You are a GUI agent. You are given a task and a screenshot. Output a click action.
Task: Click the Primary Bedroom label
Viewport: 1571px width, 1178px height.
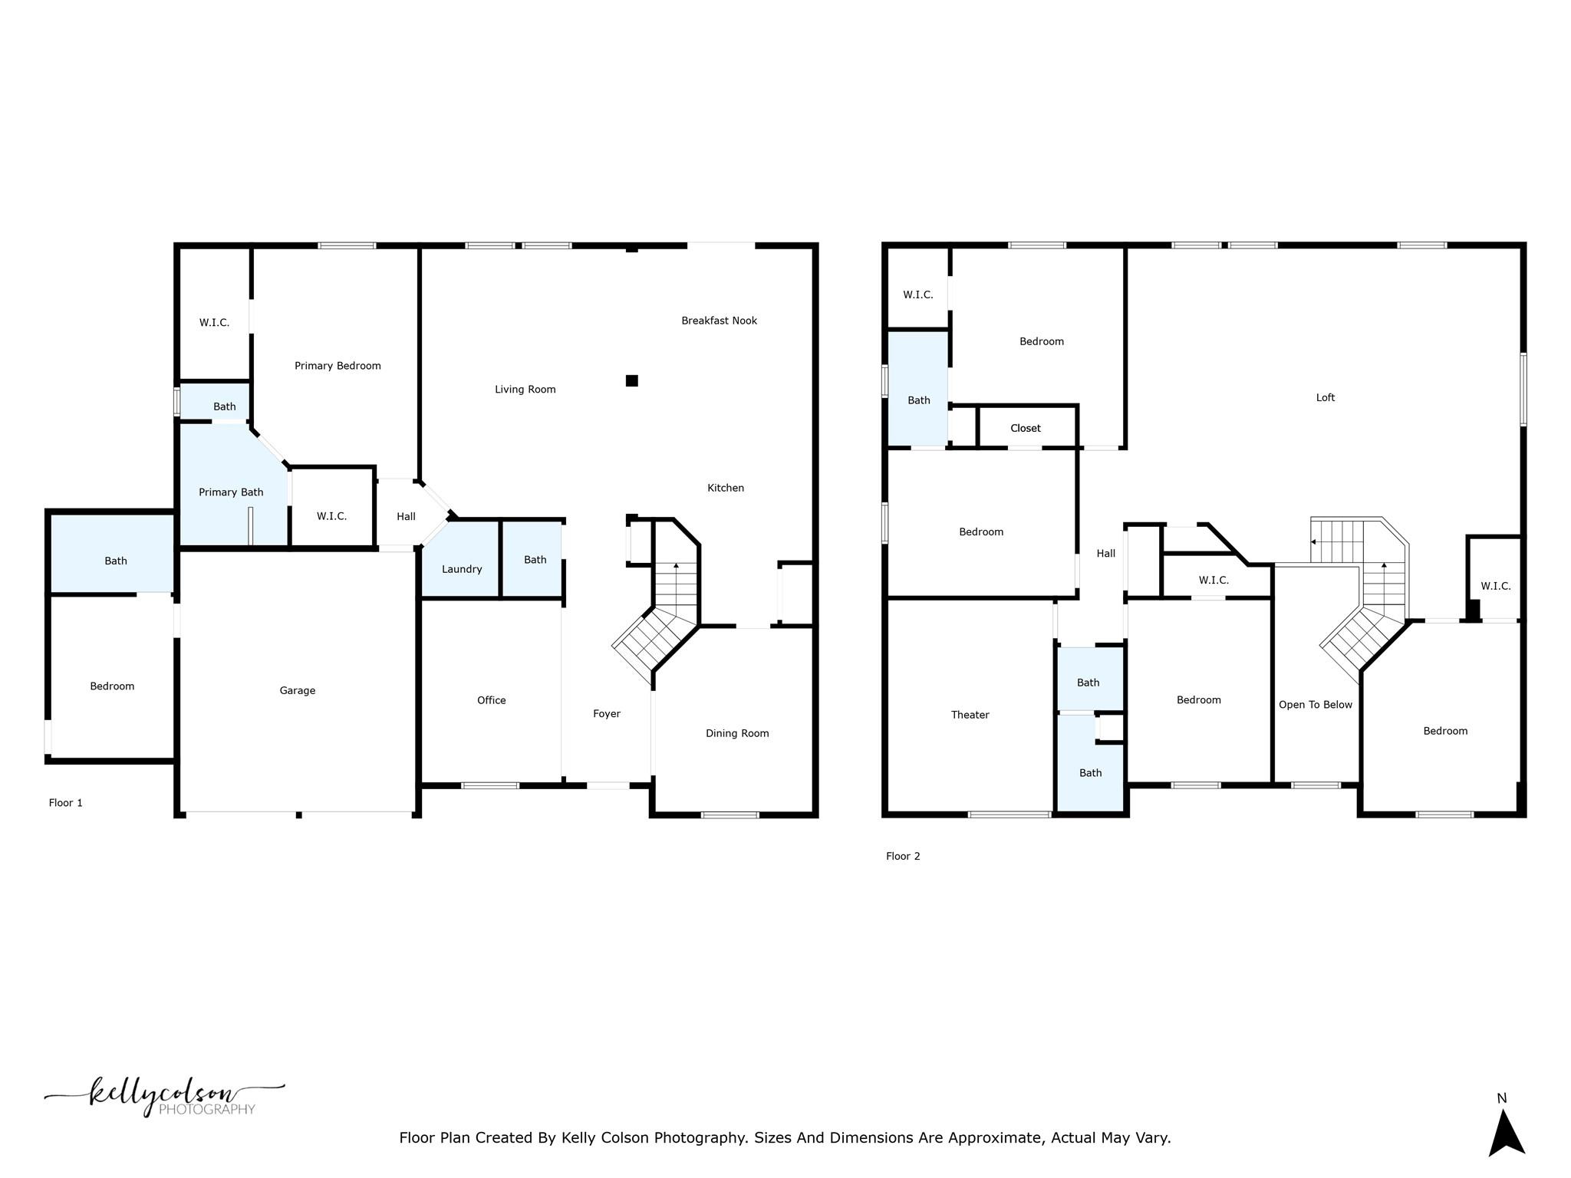click(338, 366)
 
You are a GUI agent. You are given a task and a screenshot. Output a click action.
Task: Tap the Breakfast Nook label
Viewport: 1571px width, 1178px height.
click(719, 321)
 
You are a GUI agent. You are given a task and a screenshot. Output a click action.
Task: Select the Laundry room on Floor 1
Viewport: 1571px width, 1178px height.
click(461, 568)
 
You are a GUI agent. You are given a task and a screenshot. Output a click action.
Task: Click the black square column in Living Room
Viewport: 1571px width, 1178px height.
click(632, 380)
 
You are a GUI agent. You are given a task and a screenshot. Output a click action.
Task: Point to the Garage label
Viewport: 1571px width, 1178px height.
click(298, 690)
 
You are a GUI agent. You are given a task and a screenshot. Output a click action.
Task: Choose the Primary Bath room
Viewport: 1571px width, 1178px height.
click(230, 492)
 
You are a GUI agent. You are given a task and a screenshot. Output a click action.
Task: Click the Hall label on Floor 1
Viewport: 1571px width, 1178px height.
click(406, 516)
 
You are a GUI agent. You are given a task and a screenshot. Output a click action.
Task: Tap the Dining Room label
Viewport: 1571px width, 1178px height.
click(737, 733)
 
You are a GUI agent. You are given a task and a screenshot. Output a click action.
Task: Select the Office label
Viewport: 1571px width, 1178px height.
click(491, 700)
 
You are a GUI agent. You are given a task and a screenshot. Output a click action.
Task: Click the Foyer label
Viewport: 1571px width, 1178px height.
click(606, 713)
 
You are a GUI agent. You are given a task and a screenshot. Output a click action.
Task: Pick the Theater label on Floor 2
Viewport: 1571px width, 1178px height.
click(970, 715)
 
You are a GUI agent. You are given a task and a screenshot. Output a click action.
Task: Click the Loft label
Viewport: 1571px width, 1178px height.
click(1325, 397)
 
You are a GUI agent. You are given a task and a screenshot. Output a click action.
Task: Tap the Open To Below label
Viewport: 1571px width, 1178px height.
click(1315, 705)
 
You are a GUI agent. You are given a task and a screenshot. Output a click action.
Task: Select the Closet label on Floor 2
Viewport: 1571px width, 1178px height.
click(1025, 428)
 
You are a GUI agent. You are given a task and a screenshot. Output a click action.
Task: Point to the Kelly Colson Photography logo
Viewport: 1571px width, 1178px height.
click(165, 1097)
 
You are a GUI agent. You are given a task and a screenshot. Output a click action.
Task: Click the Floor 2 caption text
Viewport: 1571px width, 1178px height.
click(902, 856)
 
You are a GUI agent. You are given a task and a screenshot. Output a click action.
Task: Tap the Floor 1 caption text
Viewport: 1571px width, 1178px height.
click(65, 802)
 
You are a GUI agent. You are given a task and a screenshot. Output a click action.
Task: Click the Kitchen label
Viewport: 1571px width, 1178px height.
click(725, 488)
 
